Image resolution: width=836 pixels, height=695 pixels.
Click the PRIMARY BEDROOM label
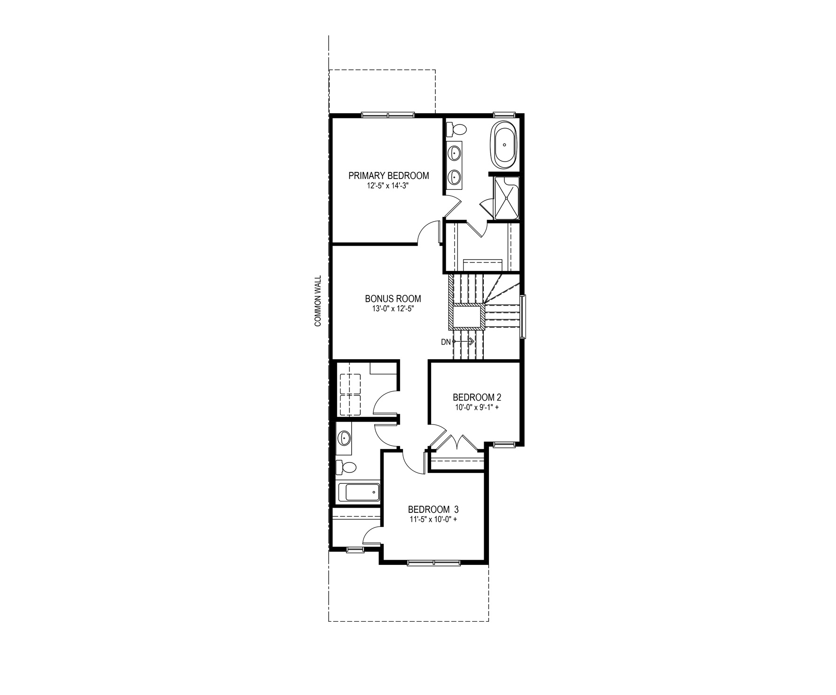pos(388,176)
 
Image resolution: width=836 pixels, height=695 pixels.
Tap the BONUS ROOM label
pos(393,299)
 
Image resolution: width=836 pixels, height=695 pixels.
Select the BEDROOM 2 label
pos(474,397)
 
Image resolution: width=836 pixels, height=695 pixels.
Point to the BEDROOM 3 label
pos(433,510)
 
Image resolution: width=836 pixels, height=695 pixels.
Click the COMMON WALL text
pos(318,301)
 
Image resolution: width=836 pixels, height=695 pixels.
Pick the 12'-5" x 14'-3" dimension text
pos(388,185)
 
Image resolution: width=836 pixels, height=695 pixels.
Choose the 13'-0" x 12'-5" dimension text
pos(393,309)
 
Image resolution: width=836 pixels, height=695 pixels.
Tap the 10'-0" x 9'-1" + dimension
pos(477,407)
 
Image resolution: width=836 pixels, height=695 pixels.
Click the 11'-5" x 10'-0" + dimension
pos(433,519)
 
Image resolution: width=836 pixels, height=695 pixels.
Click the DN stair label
pos(446,342)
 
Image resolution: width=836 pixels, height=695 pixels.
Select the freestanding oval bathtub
pos(504,145)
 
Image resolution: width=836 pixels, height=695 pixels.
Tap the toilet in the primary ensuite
pos(456,128)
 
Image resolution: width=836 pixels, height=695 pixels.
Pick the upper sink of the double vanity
pos(455,152)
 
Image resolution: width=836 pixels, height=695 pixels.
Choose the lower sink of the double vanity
pos(455,177)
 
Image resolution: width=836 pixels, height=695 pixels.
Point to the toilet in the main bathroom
pos(346,467)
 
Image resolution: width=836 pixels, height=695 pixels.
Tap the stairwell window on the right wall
pos(523,316)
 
